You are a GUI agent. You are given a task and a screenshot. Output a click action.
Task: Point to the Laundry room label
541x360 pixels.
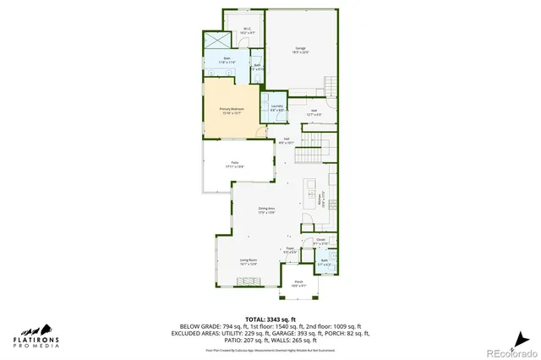277,107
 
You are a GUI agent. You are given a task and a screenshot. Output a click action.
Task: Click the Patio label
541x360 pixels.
235,166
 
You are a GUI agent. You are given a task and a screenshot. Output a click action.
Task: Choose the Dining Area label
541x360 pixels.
266,211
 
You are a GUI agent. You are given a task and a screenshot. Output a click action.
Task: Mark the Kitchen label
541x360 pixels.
321,201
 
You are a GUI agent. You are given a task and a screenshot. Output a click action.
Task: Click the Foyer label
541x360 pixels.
290,249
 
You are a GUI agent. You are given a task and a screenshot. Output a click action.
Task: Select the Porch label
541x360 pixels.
299,283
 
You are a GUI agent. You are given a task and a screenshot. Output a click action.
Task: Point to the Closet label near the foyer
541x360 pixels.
321,242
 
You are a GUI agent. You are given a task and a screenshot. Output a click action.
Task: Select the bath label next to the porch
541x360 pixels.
324,262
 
